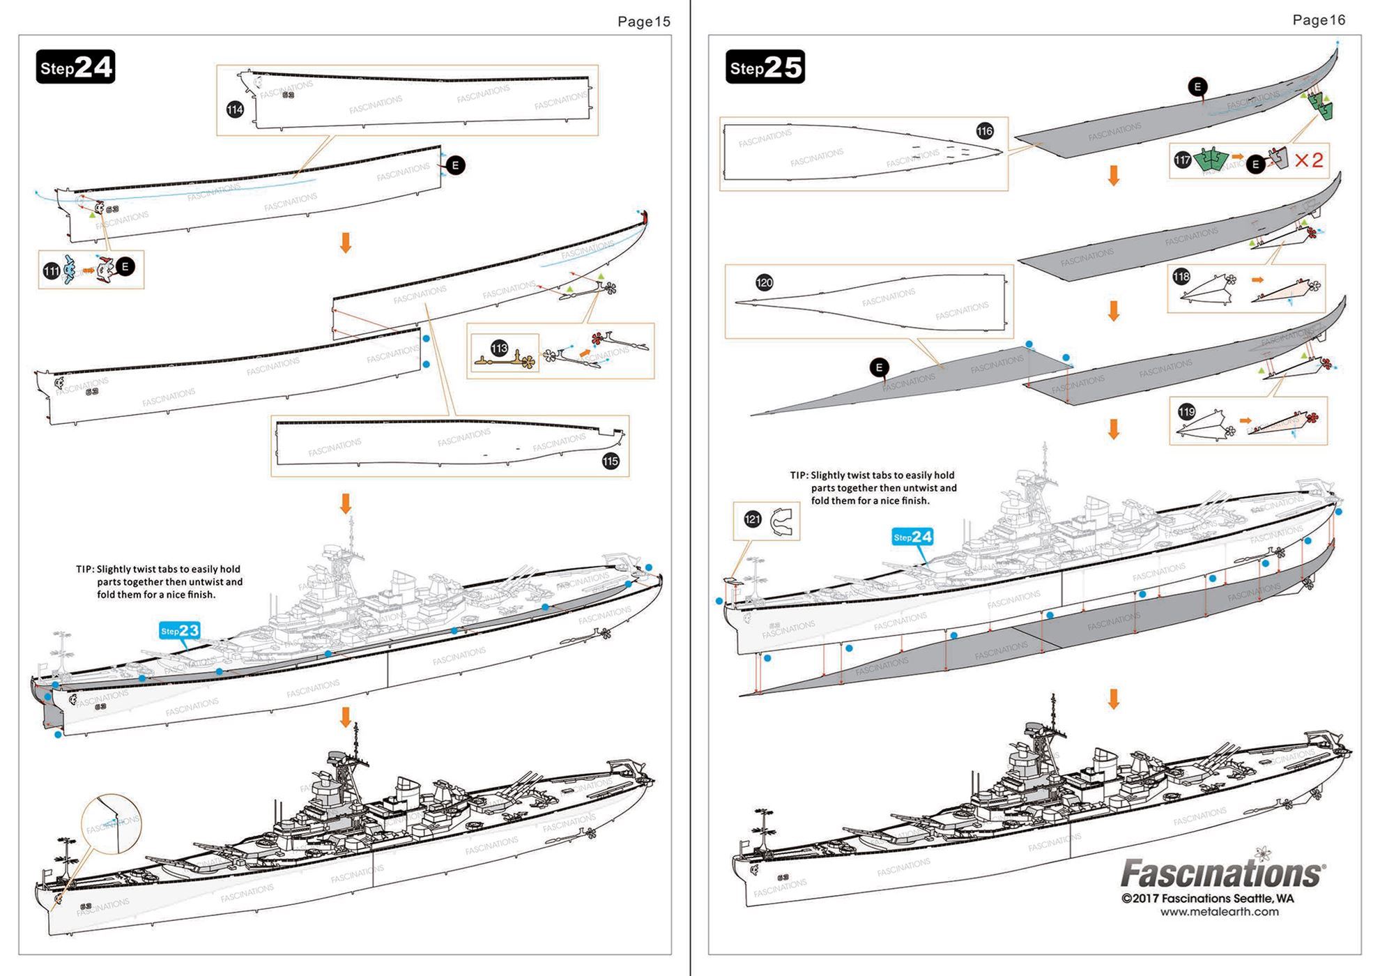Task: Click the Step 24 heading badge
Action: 75,68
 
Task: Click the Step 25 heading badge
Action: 765,68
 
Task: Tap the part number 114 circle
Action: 235,109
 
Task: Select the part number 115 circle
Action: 611,461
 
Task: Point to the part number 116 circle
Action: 984,131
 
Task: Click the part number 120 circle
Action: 764,282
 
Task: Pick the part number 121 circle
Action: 753,519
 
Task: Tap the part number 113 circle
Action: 500,349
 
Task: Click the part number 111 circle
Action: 51,271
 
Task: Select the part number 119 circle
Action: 1186,411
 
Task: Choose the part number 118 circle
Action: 1181,277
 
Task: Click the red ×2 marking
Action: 1308,160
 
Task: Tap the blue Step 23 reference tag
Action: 180,631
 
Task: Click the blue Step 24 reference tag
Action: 912,537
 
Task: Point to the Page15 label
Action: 643,22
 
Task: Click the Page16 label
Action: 1318,20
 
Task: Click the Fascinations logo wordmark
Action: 1221,874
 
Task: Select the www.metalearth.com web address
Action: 1219,912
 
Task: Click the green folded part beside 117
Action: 1211,160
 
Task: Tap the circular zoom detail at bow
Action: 111,824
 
